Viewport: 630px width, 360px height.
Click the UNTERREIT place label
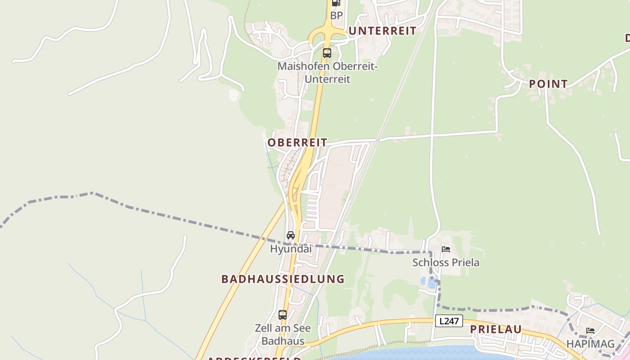tap(382, 31)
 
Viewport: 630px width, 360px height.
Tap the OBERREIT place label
tap(297, 143)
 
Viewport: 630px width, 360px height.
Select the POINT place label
tap(548, 84)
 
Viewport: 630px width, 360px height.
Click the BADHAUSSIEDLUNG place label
tap(283, 279)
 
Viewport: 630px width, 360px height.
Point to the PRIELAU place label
tap(496, 329)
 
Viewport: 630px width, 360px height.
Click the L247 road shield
tap(449, 321)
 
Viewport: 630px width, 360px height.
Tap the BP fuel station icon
tap(336, 3)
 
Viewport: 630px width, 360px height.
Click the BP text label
tap(336, 16)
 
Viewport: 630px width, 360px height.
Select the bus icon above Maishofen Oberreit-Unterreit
tap(327, 53)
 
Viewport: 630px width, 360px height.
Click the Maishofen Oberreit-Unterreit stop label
tap(327, 72)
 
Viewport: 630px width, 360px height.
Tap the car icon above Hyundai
tap(291, 235)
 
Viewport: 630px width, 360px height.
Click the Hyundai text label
tap(291, 248)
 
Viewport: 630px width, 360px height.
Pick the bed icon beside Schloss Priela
tap(446, 249)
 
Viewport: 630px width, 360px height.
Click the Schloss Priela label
tap(446, 262)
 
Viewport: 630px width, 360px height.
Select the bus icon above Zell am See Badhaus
tap(283, 315)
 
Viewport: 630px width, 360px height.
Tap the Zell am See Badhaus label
tap(283, 334)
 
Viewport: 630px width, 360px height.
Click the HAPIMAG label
tap(590, 344)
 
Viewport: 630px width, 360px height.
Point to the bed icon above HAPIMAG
tap(590, 331)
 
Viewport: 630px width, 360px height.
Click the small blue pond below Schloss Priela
tap(428, 283)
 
